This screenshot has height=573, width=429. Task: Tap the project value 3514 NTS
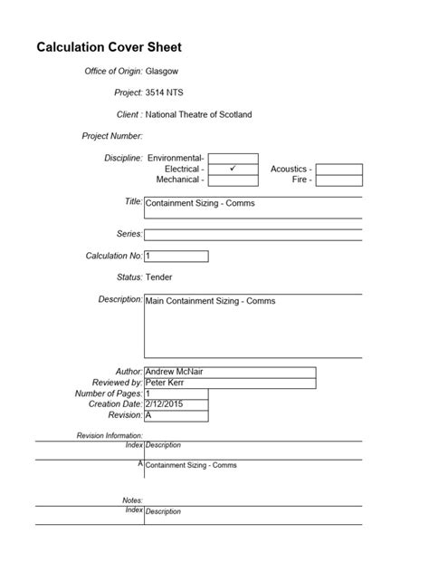tap(170, 92)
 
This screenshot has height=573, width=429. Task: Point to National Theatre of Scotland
tap(198, 115)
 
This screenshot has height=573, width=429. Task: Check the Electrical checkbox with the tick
tap(233, 169)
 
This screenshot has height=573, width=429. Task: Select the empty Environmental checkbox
tap(233, 158)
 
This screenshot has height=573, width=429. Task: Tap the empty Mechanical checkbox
tap(233, 180)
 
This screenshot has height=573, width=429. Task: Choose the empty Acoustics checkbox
tap(339, 169)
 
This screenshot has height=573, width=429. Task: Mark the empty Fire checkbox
tap(339, 180)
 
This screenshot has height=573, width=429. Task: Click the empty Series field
tap(253, 234)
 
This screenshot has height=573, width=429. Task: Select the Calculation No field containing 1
tap(176, 256)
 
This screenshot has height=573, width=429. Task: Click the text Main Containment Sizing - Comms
tap(210, 300)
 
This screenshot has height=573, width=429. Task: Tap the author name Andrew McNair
tap(174, 371)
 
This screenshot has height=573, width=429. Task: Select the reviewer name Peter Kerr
tap(167, 382)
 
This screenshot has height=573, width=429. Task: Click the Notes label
tap(132, 500)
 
